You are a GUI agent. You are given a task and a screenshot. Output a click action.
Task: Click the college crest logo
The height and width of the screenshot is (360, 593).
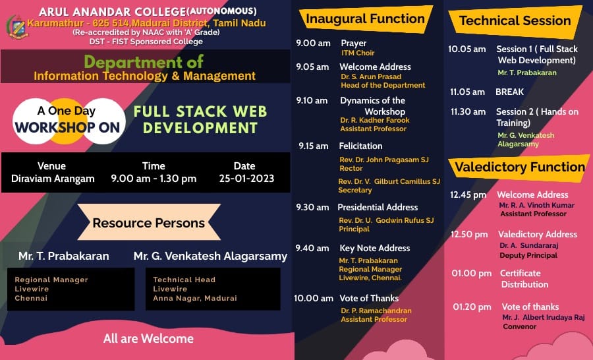pyautogui.click(x=17, y=27)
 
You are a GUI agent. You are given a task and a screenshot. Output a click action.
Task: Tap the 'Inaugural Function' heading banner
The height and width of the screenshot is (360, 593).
pyautogui.click(x=365, y=19)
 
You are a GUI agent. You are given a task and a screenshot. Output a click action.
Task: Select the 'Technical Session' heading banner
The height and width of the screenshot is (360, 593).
pyautogui.click(x=515, y=21)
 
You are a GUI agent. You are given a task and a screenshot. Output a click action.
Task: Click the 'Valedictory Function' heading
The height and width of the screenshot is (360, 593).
pyautogui.click(x=520, y=167)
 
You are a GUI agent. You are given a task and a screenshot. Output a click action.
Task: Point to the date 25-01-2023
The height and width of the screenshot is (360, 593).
pyautogui.click(x=246, y=179)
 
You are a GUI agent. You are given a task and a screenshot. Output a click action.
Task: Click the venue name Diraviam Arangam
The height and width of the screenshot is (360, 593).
pyautogui.click(x=53, y=179)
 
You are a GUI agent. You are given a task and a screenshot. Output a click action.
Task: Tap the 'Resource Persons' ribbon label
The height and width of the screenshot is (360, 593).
pyautogui.click(x=149, y=223)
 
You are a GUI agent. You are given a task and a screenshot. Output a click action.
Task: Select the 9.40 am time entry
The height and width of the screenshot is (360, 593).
pyautogui.click(x=313, y=249)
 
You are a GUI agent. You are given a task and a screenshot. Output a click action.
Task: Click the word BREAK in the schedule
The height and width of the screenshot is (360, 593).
pyautogui.click(x=510, y=92)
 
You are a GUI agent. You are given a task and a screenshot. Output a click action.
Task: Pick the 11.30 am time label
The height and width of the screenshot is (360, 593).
pyautogui.click(x=468, y=111)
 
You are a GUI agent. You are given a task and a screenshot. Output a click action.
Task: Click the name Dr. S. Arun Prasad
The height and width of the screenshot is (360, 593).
pyautogui.click(x=371, y=77)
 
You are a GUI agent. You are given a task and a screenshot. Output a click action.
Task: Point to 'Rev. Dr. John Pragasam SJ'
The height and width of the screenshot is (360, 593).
pyautogui.click(x=384, y=160)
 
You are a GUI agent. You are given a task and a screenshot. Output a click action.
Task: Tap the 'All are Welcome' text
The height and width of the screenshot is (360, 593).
pyautogui.click(x=148, y=338)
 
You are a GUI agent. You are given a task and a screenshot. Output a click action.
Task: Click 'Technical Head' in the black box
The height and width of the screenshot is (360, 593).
pyautogui.click(x=184, y=280)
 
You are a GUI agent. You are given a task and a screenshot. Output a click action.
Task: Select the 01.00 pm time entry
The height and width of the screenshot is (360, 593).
pyautogui.click(x=472, y=274)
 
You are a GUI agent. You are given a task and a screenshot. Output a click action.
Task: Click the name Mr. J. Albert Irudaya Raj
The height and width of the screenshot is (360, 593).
pyautogui.click(x=544, y=318)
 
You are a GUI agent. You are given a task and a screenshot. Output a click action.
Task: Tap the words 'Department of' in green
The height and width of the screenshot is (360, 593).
pyautogui.click(x=144, y=62)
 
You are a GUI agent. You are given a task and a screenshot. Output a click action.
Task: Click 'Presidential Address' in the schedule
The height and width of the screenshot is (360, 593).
pyautogui.click(x=378, y=208)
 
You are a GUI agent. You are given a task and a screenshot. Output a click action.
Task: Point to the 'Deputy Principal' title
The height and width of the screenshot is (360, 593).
pyautogui.click(x=528, y=256)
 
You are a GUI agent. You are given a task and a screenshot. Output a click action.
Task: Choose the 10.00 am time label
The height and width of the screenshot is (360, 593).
pyautogui.click(x=314, y=298)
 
